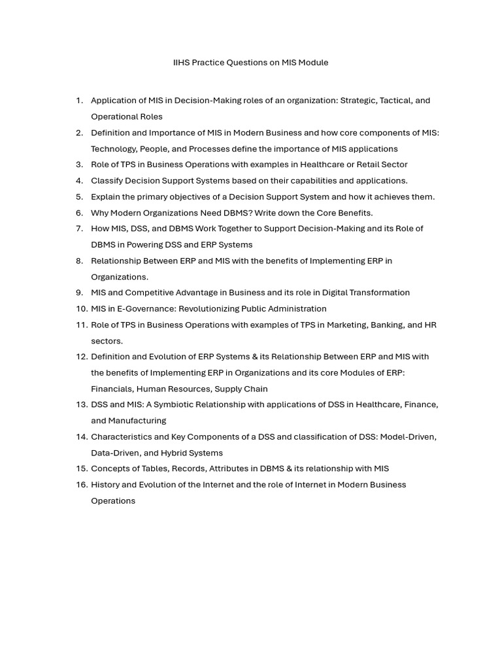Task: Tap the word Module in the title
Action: click(x=313, y=63)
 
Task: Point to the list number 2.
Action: click(x=79, y=133)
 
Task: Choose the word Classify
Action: click(x=107, y=181)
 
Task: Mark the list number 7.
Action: click(x=79, y=229)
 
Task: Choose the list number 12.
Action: click(x=81, y=357)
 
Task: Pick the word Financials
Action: click(x=112, y=389)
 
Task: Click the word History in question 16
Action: click(x=105, y=485)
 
